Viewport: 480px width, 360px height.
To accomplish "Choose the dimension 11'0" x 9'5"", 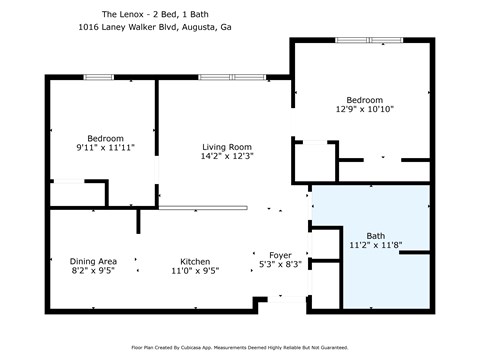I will click(194, 271).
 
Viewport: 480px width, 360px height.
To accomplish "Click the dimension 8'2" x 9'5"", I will click(93, 271).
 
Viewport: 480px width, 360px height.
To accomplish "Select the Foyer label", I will click(280, 255).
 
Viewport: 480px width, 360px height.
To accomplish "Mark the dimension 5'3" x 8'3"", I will click(280, 266).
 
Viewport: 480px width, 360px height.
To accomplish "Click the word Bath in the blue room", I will click(375, 235).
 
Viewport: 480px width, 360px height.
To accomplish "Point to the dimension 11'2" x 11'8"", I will click(375, 246).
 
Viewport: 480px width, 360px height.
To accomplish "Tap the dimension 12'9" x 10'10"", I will click(364, 110).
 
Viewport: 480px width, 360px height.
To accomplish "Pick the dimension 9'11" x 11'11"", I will click(105, 149).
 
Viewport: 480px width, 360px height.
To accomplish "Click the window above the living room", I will click(232, 76).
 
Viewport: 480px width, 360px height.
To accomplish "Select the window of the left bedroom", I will click(98, 76).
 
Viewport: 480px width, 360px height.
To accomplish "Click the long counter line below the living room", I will click(203, 207).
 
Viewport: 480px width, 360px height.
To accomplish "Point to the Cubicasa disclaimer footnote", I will click(240, 348).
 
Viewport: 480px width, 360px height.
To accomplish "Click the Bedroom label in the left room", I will click(105, 138).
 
